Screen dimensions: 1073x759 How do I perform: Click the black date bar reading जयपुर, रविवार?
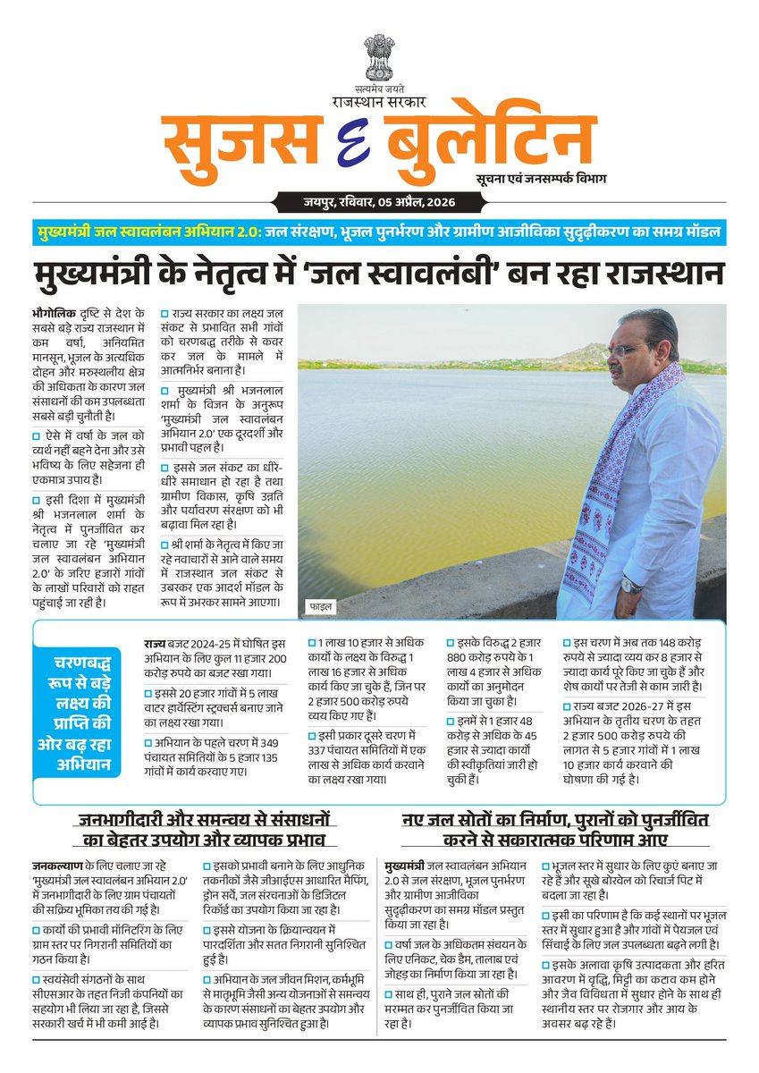point(379,203)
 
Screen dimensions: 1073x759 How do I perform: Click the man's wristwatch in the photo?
point(631,584)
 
